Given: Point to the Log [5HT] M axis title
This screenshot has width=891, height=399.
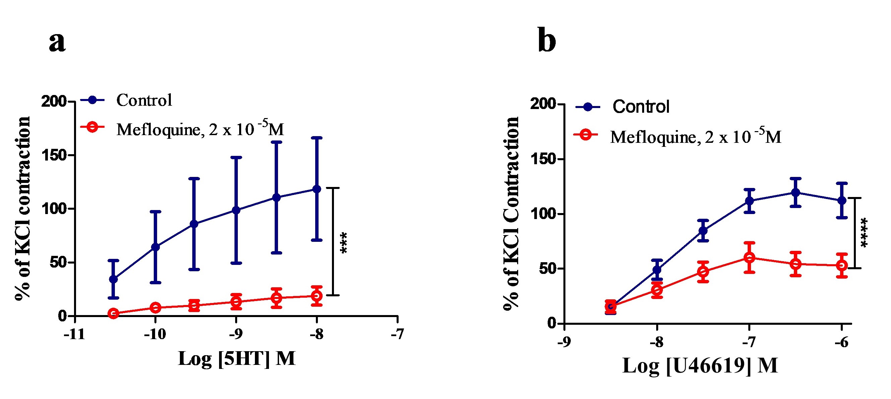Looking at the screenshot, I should pos(236,359).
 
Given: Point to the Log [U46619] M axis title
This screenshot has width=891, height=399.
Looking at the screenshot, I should pos(700,366).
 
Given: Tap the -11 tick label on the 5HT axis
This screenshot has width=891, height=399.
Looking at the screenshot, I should pos(74,334).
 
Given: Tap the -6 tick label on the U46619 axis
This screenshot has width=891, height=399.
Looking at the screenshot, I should pos(841,342).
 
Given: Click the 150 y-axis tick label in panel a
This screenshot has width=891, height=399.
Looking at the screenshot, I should pos(54,156).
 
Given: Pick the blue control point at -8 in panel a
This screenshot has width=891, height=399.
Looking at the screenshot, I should pos(317,189).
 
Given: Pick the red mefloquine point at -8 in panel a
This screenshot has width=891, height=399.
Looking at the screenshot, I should pos(317,296).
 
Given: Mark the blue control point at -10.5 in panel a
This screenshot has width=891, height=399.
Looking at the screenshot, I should pos(114,279).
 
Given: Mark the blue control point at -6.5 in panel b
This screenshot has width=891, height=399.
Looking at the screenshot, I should pos(796,192).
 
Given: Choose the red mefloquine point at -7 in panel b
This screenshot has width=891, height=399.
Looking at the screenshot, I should pos(749,258).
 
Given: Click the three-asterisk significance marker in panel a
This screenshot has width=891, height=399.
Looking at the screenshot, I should pos(344,243).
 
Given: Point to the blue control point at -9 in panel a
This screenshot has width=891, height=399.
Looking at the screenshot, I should pos(236,210).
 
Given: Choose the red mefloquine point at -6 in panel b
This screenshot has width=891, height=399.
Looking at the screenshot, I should pos(841,265).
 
